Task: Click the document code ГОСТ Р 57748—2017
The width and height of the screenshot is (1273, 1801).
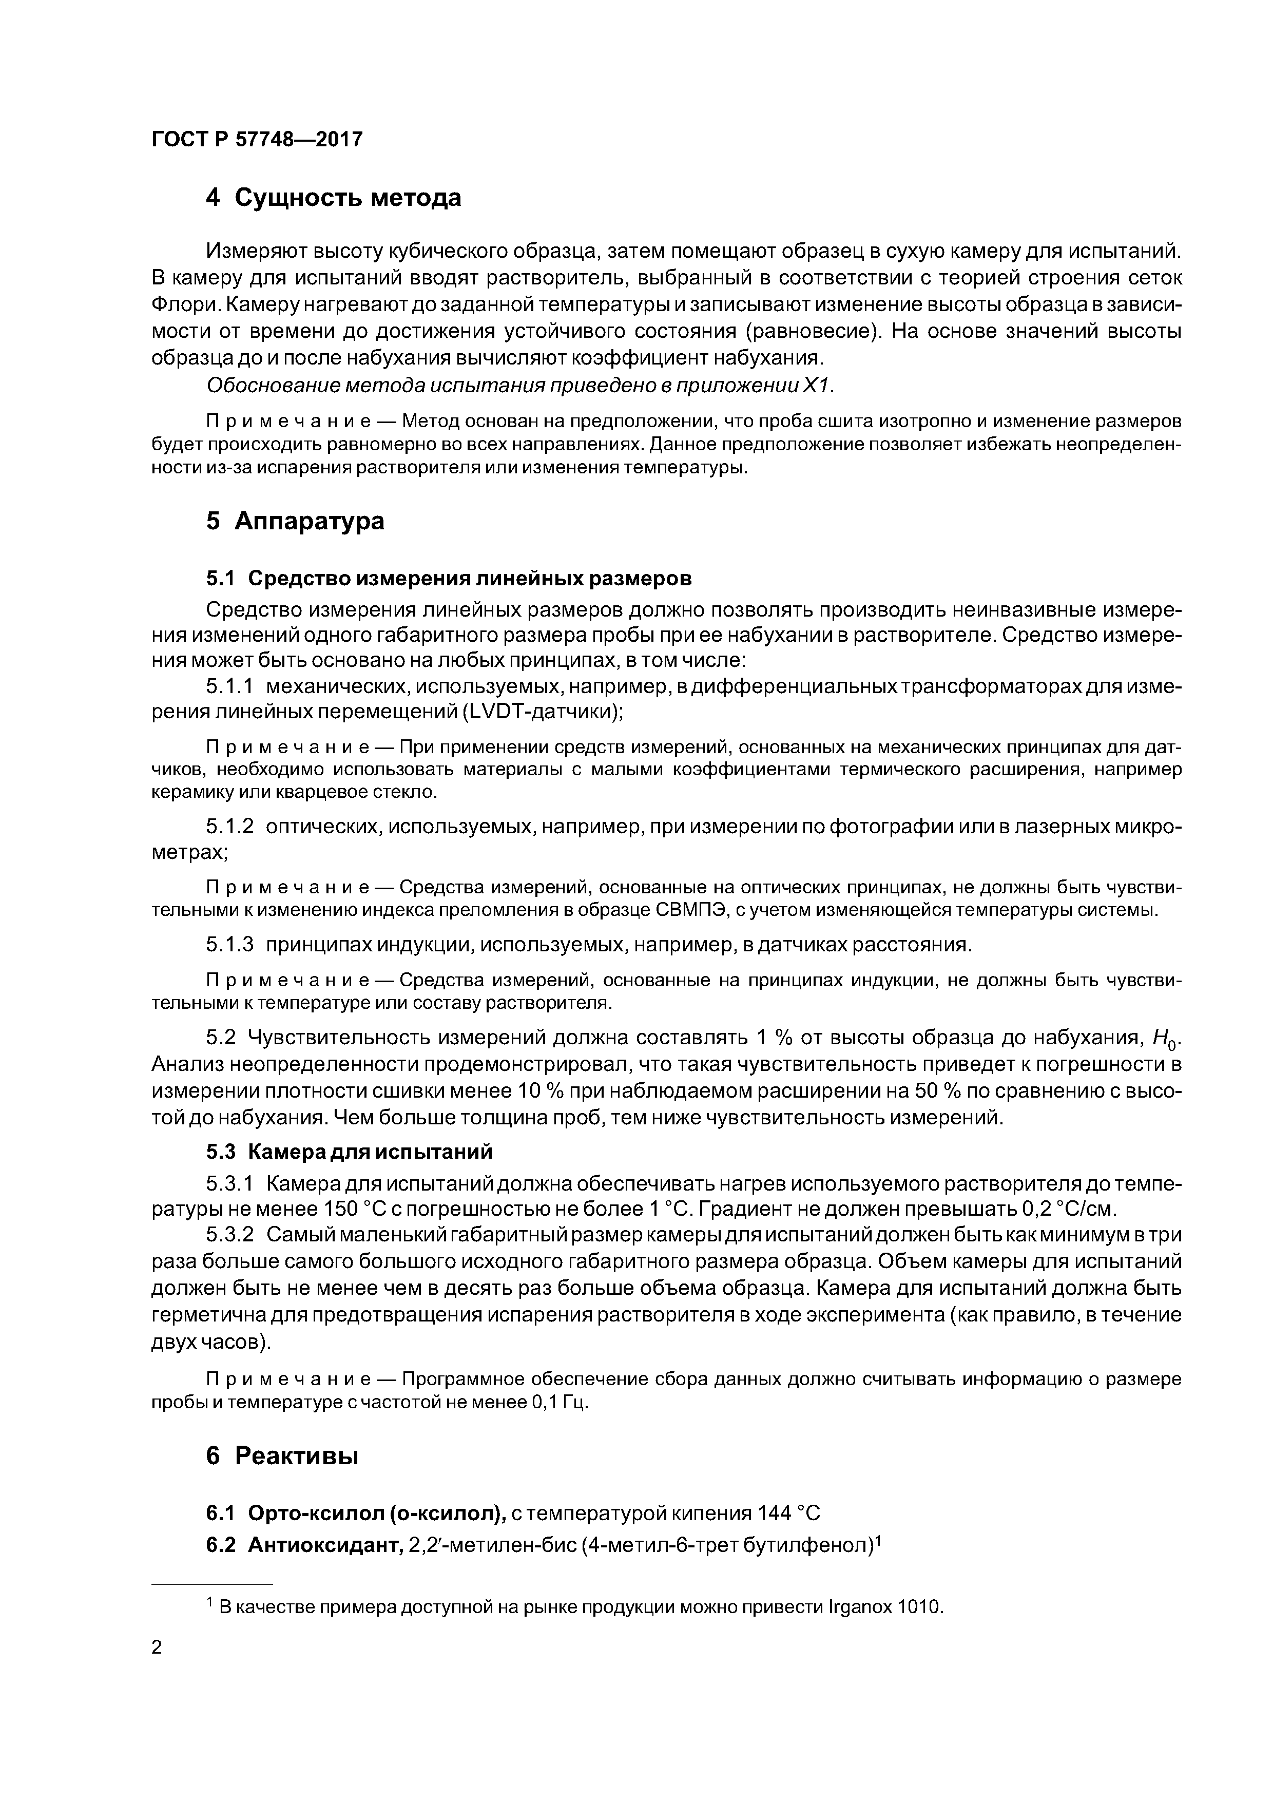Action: (x=257, y=140)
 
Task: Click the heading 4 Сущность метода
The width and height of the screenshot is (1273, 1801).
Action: (x=333, y=198)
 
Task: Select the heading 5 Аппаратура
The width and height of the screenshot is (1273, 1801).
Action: (x=295, y=521)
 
